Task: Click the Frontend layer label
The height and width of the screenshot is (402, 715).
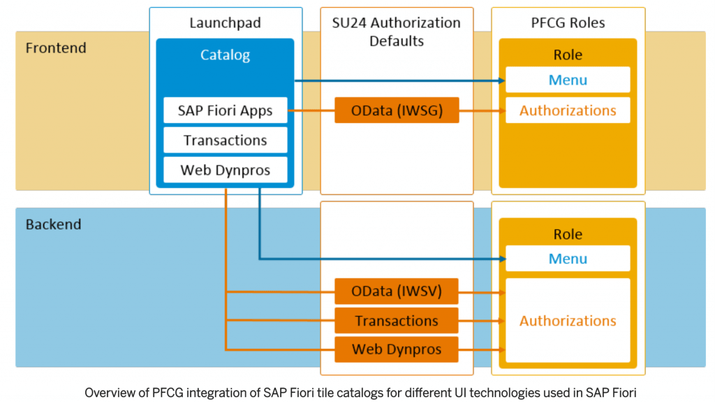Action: [x=56, y=48]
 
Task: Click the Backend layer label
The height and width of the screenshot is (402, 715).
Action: [x=53, y=224]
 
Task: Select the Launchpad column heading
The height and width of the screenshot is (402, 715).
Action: [x=225, y=23]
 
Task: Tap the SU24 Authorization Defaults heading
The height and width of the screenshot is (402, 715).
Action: [x=396, y=31]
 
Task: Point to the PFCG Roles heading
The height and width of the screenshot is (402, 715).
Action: [x=568, y=23]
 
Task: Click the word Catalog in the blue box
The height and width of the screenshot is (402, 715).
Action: [x=225, y=55]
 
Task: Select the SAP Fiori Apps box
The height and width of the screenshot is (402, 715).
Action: [x=225, y=110]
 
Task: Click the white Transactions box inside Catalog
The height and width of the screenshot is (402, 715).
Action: [x=225, y=140]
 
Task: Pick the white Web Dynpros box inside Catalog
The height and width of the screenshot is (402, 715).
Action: [x=225, y=170]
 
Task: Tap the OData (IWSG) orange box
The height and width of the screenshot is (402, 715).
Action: [x=397, y=110]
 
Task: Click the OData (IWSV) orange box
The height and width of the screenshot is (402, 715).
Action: [x=397, y=291]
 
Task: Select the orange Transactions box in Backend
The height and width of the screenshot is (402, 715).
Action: [x=397, y=321]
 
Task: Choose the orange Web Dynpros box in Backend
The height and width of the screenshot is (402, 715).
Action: [x=397, y=350]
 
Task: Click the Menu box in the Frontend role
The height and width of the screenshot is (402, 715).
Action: [x=568, y=80]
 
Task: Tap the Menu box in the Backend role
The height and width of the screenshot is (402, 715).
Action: [x=568, y=259]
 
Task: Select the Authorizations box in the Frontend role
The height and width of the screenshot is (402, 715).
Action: [x=568, y=110]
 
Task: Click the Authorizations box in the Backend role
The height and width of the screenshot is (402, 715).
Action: [x=568, y=321]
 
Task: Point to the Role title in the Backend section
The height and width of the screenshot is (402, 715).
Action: [x=568, y=234]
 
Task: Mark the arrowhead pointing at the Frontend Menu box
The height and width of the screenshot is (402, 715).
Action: [x=501, y=80]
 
